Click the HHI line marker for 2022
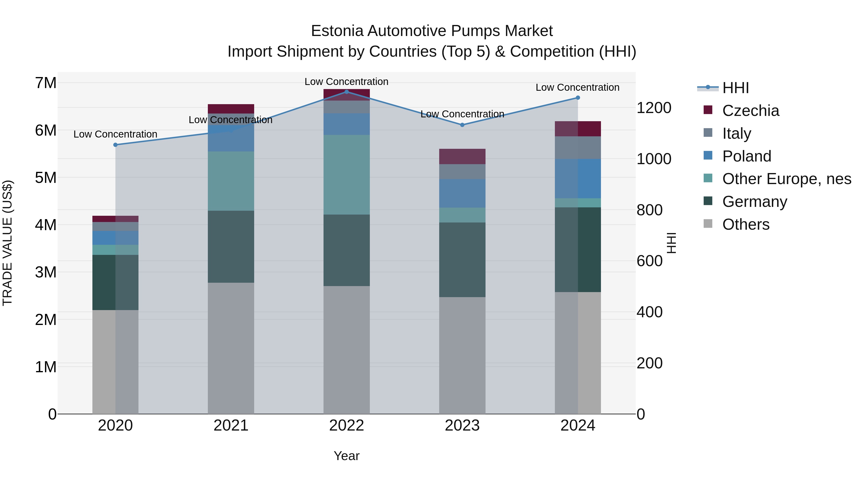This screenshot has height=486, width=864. [347, 92]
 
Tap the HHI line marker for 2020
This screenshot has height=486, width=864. [115, 145]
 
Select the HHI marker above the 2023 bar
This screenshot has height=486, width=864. [462, 125]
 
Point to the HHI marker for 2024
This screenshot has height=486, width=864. [578, 98]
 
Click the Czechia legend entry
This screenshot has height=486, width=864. [750, 111]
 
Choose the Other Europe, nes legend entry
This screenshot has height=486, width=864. [786, 179]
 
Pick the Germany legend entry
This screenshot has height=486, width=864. [754, 202]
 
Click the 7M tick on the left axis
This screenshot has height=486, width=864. [46, 83]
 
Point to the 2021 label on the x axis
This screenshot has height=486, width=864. [231, 426]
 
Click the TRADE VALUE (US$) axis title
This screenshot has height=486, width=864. [7, 243]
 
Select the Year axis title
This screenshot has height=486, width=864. [347, 456]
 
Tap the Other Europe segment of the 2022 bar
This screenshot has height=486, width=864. [347, 174]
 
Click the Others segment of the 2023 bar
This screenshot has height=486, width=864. [462, 355]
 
